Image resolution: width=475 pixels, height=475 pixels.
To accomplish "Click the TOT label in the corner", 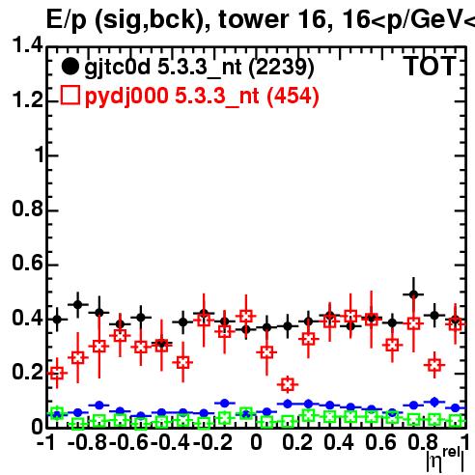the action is (x=430, y=67).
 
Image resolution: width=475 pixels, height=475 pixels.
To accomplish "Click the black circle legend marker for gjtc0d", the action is (x=70, y=67).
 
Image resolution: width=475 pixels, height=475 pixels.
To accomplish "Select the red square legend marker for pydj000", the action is (x=70, y=95).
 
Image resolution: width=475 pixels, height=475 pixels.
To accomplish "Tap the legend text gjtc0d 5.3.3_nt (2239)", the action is (x=199, y=68).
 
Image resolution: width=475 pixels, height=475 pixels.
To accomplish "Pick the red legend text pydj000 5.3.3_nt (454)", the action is (x=202, y=97).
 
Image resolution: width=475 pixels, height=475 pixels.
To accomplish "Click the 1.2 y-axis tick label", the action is (x=27, y=99).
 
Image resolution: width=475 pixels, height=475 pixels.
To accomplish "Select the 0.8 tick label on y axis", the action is (x=27, y=209).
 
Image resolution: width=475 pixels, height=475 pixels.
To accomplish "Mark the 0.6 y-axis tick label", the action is (x=27, y=263).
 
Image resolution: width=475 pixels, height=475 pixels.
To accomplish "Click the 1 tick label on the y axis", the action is (x=40, y=154).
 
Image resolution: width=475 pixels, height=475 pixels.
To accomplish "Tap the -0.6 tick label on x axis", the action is (x=128, y=442).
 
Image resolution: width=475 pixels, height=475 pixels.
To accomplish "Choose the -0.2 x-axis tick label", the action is (x=212, y=442).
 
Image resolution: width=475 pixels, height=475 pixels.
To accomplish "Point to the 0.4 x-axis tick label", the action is (x=339, y=442).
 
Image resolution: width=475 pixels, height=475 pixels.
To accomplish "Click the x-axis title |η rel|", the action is (x=445, y=461).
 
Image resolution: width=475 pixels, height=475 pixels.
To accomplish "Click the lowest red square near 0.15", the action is (x=288, y=384).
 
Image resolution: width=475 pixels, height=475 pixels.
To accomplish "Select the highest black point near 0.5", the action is (x=414, y=294).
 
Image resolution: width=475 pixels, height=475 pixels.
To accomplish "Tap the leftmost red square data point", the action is (x=57, y=374).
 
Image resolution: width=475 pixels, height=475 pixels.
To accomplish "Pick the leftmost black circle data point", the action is (x=57, y=320).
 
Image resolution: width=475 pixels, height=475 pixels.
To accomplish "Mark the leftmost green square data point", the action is (x=57, y=412).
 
